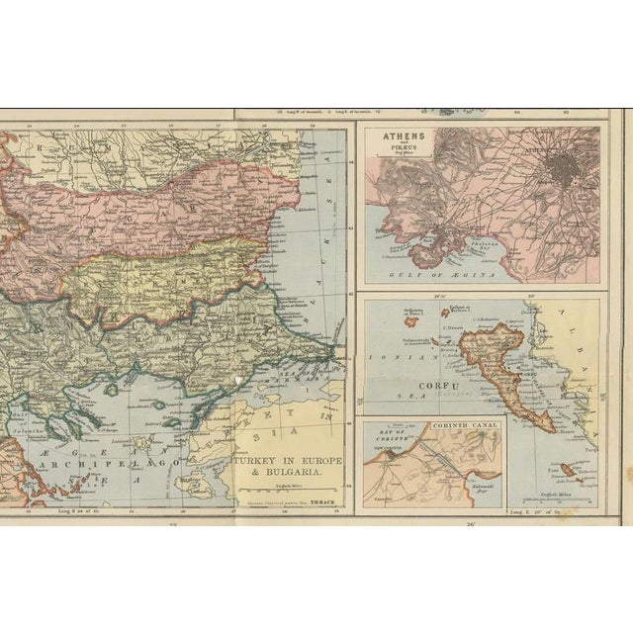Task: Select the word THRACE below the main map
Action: [321, 502]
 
